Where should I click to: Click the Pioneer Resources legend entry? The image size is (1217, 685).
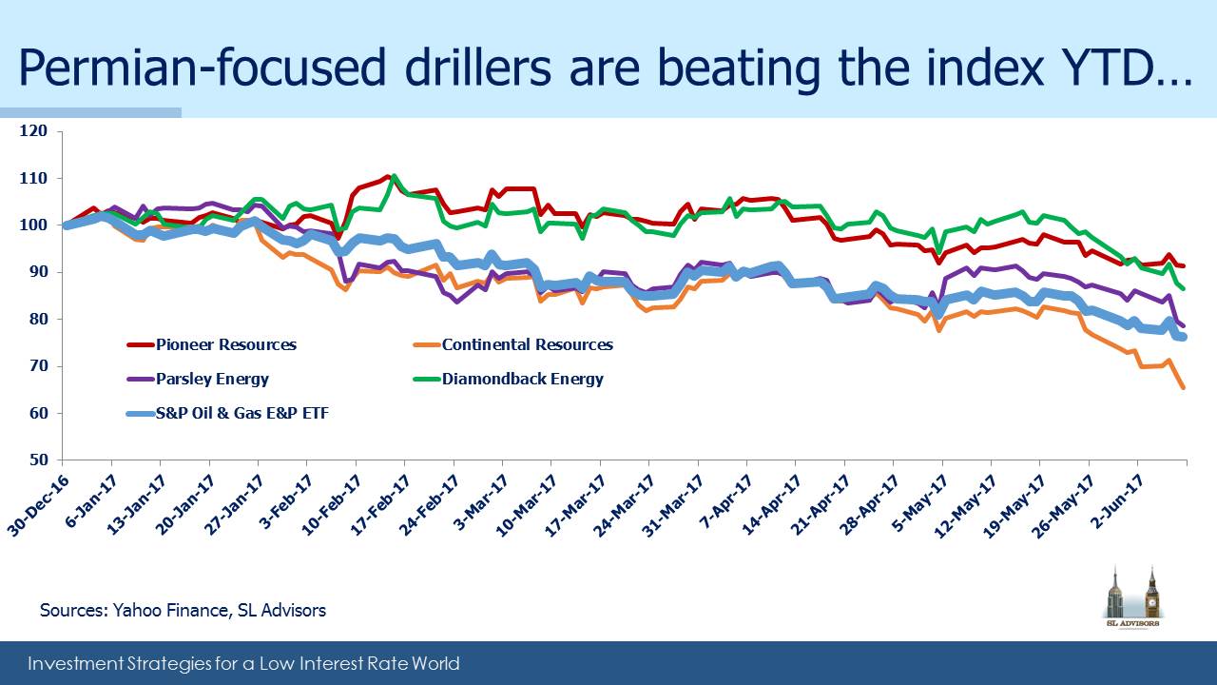[212, 344]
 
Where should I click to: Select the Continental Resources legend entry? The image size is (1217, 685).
[512, 344]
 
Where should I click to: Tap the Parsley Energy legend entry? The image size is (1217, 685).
[198, 379]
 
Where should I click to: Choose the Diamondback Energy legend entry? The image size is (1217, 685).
[509, 379]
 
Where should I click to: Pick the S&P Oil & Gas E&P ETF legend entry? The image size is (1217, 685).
[227, 413]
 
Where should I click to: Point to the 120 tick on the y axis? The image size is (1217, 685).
[33, 131]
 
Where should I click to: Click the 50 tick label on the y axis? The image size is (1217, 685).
[39, 460]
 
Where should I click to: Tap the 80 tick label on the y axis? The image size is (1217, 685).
[39, 319]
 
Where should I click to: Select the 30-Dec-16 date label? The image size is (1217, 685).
[39, 505]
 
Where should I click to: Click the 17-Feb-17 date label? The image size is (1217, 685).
[380, 505]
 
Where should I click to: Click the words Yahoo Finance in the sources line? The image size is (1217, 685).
[170, 611]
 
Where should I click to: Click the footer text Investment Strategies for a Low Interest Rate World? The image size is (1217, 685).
[243, 664]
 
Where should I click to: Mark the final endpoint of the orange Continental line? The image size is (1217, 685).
[1184, 387]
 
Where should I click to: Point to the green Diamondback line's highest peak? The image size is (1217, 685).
[394, 176]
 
